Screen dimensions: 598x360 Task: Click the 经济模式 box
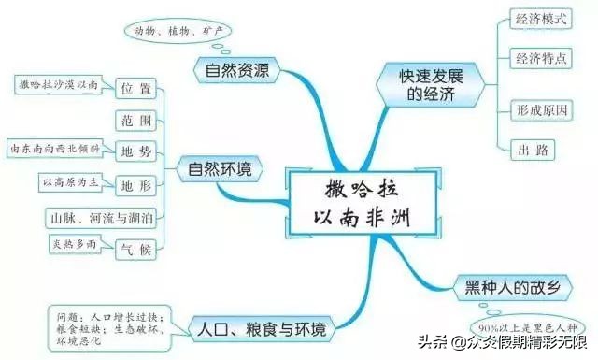point(542,19)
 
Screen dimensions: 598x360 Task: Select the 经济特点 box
point(542,59)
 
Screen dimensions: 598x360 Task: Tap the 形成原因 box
point(542,108)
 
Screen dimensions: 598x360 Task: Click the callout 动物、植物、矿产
point(176,31)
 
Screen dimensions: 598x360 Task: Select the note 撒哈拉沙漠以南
point(59,85)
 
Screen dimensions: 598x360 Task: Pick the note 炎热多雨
point(75,244)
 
